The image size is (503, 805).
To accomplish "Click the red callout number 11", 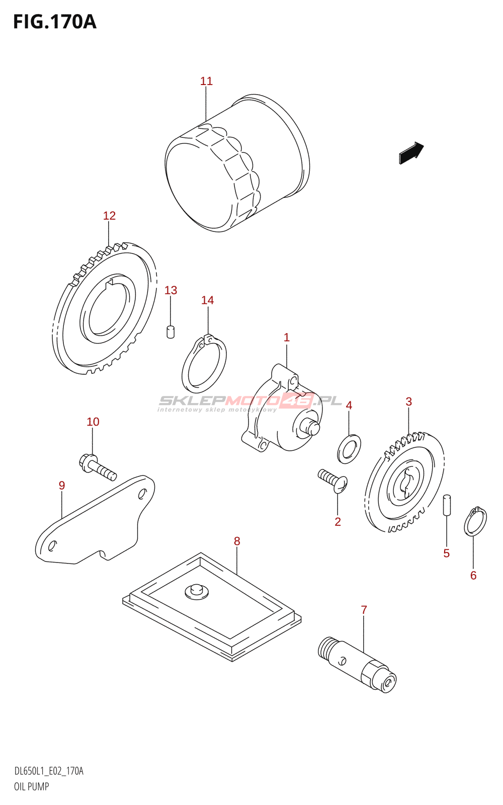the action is (206, 81).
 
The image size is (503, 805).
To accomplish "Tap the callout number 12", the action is (109, 216).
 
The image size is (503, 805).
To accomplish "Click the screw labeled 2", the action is (333, 480).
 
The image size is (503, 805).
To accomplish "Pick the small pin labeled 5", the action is (447, 505).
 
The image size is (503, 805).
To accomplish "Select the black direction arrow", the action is (411, 153).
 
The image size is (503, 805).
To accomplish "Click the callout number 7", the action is (364, 610).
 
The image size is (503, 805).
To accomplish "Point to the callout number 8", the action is (237, 541).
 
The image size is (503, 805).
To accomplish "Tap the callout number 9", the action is (62, 486).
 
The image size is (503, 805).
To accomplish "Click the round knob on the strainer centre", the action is (197, 591).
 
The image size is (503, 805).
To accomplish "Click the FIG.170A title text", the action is (55, 22).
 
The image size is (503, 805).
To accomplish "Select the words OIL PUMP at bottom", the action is (31, 787).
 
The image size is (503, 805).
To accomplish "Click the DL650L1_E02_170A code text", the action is (48, 771).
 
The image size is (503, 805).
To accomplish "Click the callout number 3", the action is (408, 401).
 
